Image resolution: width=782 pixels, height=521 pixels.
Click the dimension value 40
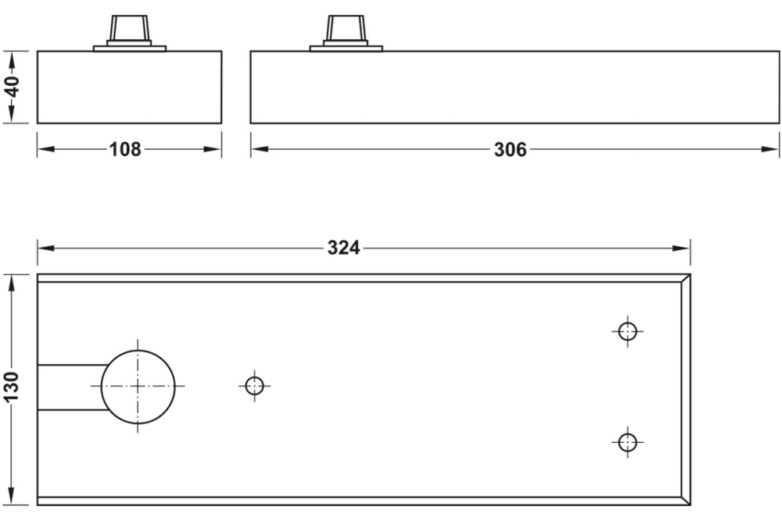13,87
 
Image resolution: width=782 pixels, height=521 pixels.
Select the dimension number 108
125,149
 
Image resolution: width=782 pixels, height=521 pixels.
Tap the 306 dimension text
510,149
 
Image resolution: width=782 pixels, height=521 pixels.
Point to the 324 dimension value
343,248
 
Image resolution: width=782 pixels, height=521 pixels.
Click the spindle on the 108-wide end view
129,30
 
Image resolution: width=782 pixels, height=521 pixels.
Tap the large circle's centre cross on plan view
138,386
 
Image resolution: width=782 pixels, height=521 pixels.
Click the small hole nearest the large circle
253,386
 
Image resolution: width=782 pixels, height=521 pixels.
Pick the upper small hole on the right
626,330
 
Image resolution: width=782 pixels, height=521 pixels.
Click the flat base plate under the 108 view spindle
129,48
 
